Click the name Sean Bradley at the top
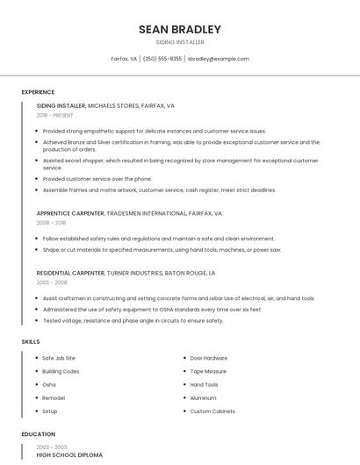click(180, 29)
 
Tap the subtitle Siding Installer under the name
click(180, 42)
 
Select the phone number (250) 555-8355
click(162, 59)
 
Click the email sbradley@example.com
click(219, 59)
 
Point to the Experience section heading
click(38, 92)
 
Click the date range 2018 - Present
click(55, 115)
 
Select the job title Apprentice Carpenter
click(70, 213)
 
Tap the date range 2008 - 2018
click(51, 223)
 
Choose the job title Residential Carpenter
click(71, 273)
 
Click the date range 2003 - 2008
click(51, 283)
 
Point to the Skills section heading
click(30, 340)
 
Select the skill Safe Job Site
click(59, 358)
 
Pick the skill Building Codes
click(61, 371)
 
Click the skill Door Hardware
click(209, 358)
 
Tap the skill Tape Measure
click(208, 371)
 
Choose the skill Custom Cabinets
click(212, 411)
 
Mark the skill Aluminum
click(204, 397)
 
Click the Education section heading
click(38, 434)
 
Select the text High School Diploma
click(69, 455)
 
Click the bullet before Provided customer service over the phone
click(38, 179)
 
